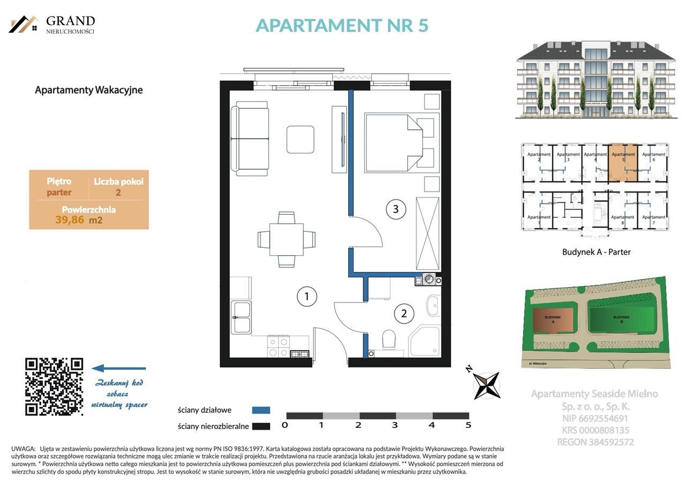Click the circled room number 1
pos(307,296)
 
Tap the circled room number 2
pos(404,314)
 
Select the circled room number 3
pos(396,209)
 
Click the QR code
pos(54,387)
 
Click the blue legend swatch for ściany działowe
pos(261,410)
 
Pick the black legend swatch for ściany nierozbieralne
pos(261,426)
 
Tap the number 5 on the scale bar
pos(468,425)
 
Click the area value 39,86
pos(70,219)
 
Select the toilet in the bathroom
pos(389,340)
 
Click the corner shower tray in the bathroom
pos(425,341)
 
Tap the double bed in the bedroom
pos(394,142)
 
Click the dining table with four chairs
pos(286,239)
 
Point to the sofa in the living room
pos(250,138)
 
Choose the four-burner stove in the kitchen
pos(279,347)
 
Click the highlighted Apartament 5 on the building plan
pos(623,163)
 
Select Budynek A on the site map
pos(553,323)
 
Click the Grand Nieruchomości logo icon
pos(24,24)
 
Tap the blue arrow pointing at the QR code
pos(118,369)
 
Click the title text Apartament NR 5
pos(342,25)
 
